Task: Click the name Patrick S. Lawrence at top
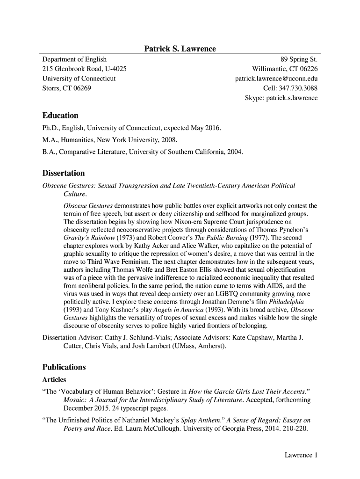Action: point(180,49)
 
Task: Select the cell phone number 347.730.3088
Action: point(299,88)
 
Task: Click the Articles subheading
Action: point(54,379)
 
